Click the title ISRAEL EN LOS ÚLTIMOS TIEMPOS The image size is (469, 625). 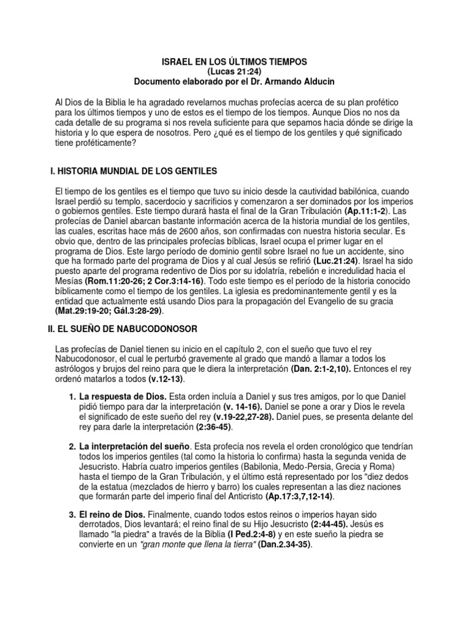pyautogui.click(x=234, y=62)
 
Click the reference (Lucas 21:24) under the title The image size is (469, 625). pyautogui.click(x=234, y=71)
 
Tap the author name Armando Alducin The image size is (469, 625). pyautogui.click(x=293, y=81)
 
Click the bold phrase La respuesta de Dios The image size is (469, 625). pyautogui.click(x=117, y=397)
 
